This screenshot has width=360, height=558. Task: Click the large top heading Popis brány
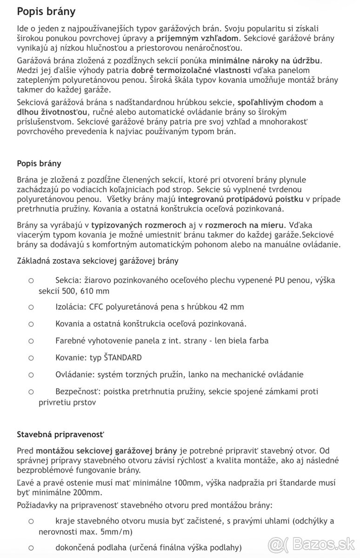(x=46, y=11)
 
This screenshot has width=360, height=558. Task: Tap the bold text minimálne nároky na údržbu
(x=265, y=60)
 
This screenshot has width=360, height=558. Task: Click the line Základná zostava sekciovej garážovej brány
(x=97, y=261)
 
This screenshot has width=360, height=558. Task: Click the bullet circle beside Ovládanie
(x=31, y=375)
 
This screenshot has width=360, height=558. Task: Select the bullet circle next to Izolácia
(x=31, y=307)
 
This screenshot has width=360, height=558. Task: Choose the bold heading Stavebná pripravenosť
(x=60, y=434)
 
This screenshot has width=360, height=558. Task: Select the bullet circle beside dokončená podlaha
(x=31, y=548)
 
